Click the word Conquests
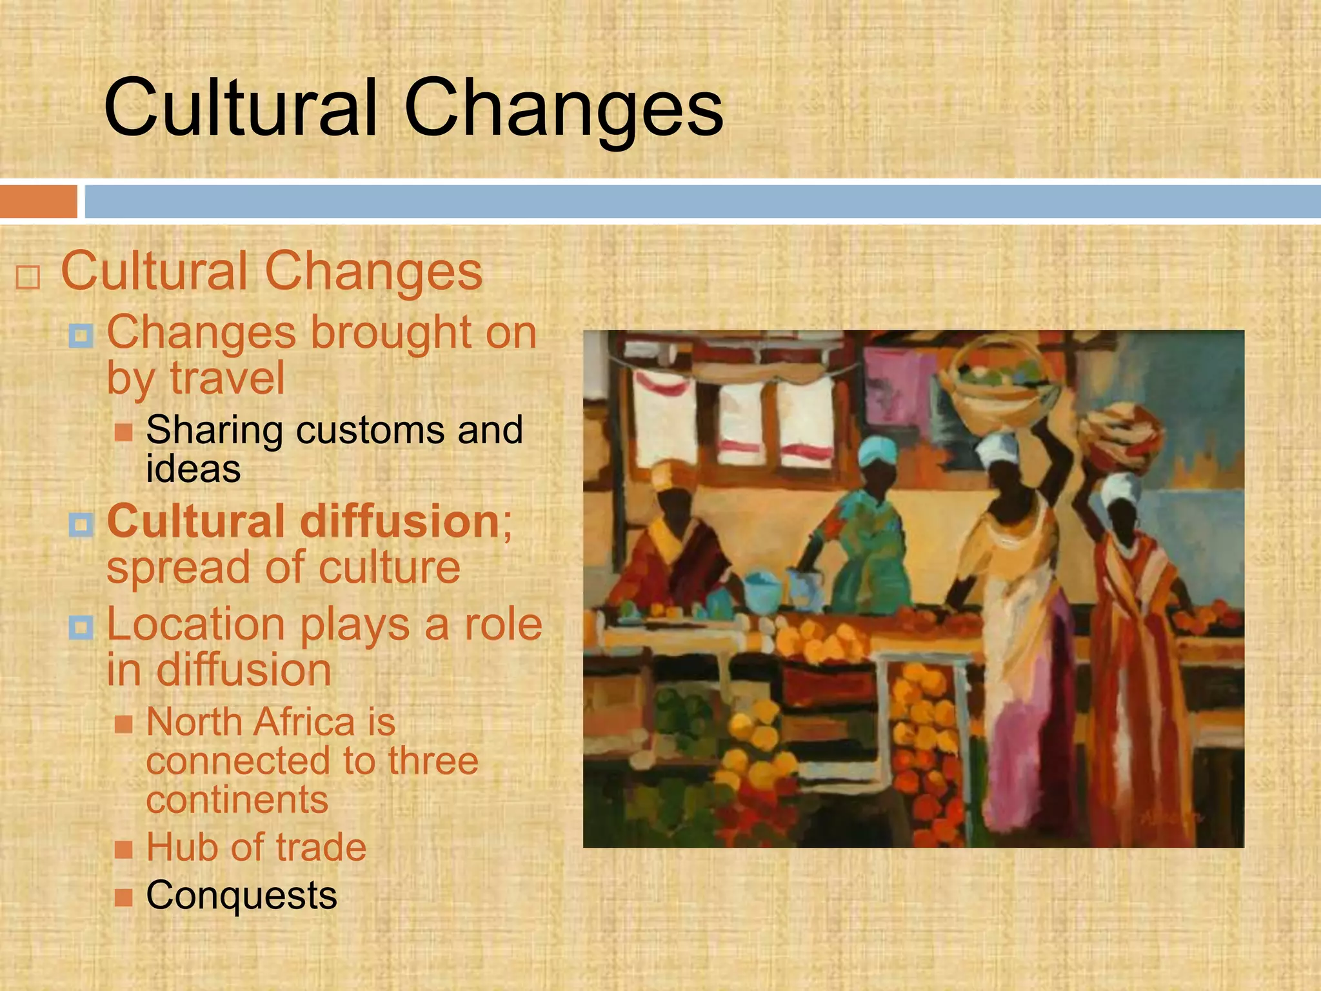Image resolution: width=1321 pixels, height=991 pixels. pos(241,896)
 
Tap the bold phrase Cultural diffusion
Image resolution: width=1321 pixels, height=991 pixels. pos(303,521)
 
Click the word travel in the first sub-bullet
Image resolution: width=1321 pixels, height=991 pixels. pos(227,379)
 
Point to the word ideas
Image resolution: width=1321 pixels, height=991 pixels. pos(193,469)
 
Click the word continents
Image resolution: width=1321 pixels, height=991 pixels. pos(237,800)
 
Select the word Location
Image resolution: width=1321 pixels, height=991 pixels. pos(195,625)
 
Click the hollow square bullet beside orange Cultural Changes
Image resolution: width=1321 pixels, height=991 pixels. pos(28,277)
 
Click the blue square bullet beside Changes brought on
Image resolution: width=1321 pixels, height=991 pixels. pos(81,335)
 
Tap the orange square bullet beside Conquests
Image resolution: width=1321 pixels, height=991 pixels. pos(123,897)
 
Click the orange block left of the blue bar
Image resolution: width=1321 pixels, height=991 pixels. pos(38,201)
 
